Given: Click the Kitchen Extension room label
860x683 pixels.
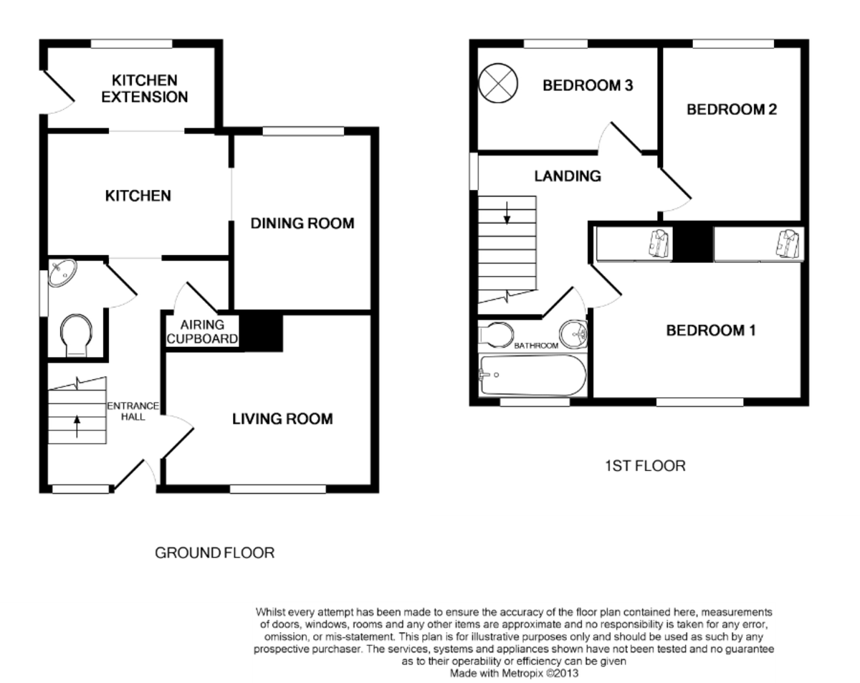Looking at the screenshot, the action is [144, 89].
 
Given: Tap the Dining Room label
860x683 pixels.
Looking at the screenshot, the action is [302, 223].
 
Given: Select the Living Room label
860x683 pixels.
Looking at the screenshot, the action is [282, 419].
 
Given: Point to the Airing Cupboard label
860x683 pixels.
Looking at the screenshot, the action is [202, 332].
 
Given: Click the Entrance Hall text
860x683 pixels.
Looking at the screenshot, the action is [133, 411].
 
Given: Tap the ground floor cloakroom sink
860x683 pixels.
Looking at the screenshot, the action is [62, 272].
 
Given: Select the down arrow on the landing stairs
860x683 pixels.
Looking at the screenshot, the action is [507, 213].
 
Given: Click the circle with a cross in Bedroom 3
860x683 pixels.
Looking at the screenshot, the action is [498, 83].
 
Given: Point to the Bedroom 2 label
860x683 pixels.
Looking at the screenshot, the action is [732, 110].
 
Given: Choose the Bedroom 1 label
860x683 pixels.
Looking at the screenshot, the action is [711, 330].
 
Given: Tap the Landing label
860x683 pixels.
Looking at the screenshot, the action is [568, 176].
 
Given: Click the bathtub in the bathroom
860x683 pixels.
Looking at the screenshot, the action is [533, 375].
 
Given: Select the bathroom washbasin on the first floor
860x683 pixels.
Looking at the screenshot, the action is [573, 334].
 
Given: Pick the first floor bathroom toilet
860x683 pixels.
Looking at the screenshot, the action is [496, 334].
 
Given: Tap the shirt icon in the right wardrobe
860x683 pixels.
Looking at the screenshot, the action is [788, 244].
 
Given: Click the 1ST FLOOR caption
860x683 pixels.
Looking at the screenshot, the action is [646, 466].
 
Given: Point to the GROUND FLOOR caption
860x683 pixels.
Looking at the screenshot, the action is [214, 553].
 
